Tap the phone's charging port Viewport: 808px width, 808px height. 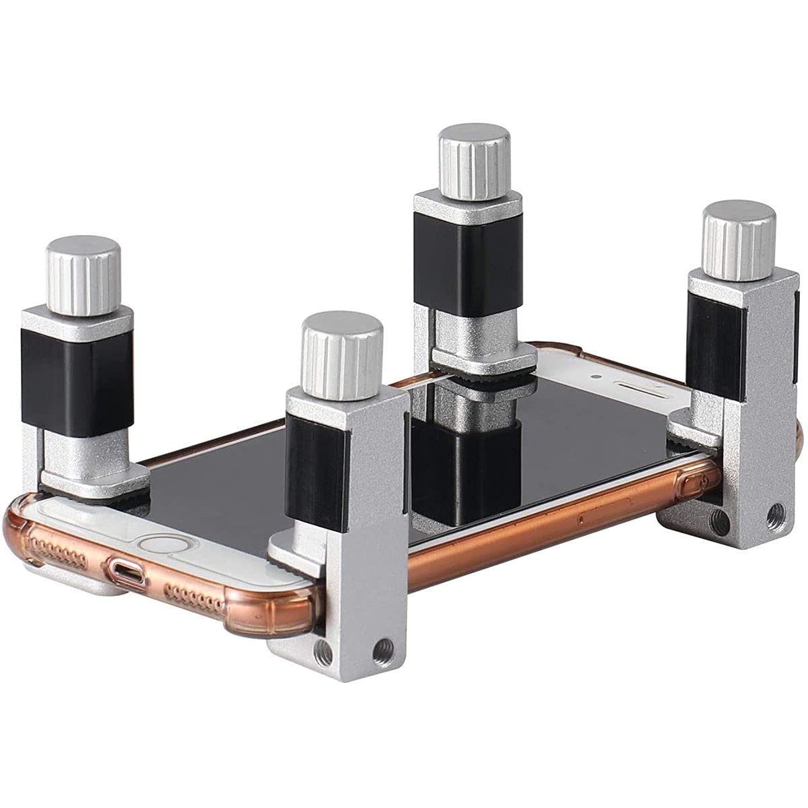pyautogui.click(x=128, y=574)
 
